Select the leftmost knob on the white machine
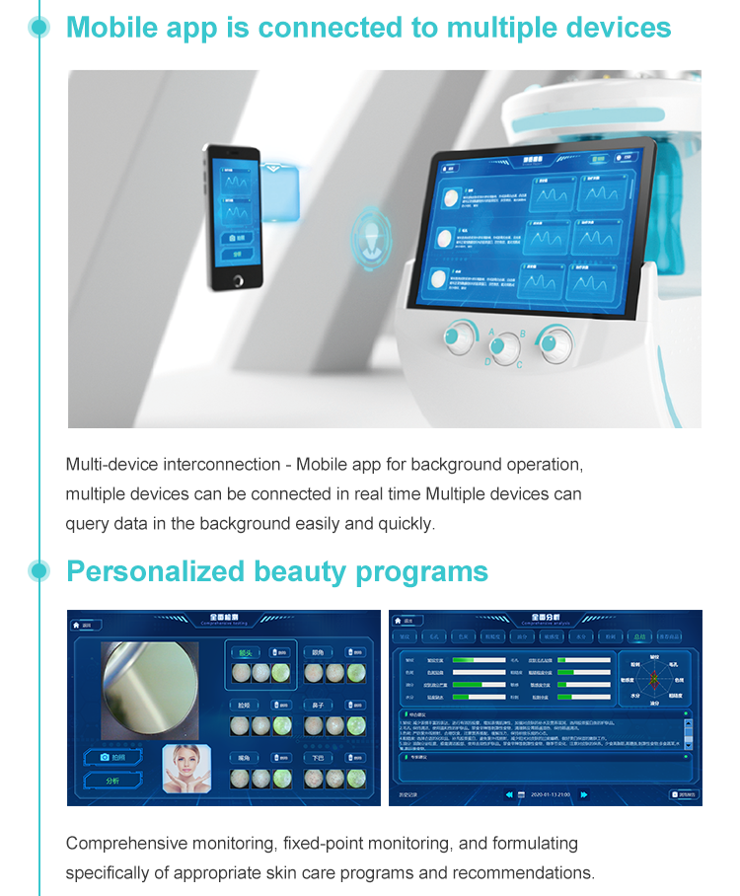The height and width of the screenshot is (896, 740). [x=457, y=337]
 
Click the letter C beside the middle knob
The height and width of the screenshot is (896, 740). [x=520, y=365]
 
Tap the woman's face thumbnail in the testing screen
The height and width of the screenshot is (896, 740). [x=186, y=768]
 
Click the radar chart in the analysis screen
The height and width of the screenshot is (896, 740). [x=652, y=680]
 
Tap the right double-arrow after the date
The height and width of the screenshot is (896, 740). [x=585, y=793]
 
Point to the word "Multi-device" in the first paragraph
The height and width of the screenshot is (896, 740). [x=109, y=464]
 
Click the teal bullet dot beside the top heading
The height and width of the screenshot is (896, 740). [x=39, y=27]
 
